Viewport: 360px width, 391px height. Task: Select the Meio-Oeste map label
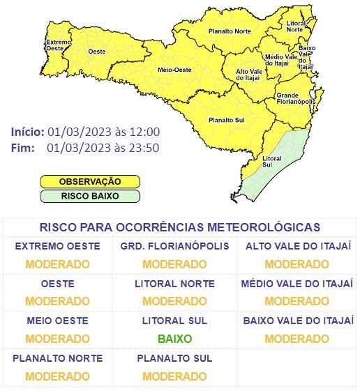point(174,70)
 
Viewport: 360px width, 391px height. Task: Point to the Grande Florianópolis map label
point(296,98)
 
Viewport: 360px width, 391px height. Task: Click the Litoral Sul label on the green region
point(272,161)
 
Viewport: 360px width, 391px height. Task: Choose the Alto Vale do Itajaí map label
point(250,75)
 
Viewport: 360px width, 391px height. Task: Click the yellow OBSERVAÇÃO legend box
point(89,181)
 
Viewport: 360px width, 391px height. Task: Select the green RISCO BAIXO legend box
point(89,196)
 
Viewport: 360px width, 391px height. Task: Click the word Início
point(27,132)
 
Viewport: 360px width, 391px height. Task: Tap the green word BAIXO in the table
point(174,339)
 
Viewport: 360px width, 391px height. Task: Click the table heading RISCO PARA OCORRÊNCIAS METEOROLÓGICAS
point(180,227)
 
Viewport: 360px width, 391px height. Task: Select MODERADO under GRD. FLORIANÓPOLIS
point(174,264)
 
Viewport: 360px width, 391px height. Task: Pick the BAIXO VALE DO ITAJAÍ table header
point(297,321)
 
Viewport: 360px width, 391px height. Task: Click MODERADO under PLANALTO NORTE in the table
point(57,376)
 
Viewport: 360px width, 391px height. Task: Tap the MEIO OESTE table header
point(57,321)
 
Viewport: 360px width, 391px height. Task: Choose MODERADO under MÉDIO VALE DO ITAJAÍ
point(297,301)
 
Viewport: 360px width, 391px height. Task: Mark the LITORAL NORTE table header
point(174,284)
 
